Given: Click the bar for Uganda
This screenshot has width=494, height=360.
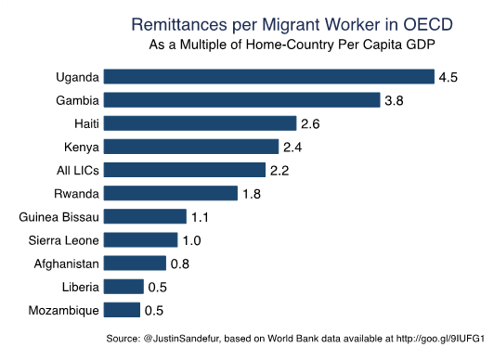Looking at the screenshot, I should [x=269, y=77].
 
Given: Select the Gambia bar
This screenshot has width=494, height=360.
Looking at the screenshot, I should [x=242, y=100].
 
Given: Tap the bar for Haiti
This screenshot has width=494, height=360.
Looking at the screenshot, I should [x=200, y=123].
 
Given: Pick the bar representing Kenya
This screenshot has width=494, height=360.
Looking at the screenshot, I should [x=191, y=147].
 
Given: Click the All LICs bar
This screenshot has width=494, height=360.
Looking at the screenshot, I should [x=185, y=170].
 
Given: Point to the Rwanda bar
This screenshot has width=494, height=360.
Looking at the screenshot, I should [x=171, y=193].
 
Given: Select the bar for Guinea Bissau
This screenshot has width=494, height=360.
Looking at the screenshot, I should [x=145, y=217].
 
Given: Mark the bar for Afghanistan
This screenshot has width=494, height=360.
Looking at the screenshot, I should [x=135, y=264].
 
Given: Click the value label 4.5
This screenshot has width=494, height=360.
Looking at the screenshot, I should [x=448, y=77].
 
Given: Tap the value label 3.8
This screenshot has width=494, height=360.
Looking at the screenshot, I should [x=394, y=100].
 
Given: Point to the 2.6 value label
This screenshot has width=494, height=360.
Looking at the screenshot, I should [x=309, y=123].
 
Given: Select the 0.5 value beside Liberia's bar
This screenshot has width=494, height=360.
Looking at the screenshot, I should [x=157, y=287].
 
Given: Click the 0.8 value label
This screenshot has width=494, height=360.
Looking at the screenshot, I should [x=179, y=264].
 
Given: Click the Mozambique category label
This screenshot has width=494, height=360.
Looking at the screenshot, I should [x=64, y=310].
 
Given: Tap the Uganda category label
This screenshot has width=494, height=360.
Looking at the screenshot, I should [x=77, y=77].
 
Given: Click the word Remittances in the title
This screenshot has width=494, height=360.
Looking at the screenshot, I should [x=178, y=22].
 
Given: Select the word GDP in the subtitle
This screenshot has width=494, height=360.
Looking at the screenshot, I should [x=422, y=44].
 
